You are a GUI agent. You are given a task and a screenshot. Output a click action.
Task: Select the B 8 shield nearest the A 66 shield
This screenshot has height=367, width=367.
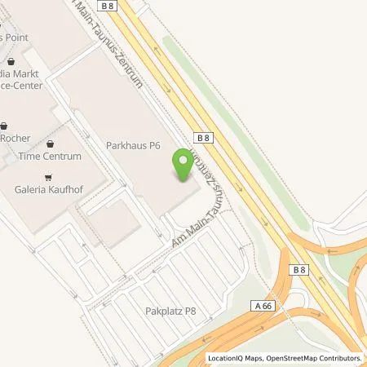(299, 270)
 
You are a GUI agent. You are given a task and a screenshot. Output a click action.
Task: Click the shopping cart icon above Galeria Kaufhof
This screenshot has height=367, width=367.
(50, 176)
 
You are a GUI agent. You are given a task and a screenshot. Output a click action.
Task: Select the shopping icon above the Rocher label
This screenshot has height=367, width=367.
(6, 126)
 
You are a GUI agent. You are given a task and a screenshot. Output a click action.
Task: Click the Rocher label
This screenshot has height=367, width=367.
(15, 138)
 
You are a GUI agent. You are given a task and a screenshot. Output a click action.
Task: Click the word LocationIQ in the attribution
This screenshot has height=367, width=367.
(228, 358)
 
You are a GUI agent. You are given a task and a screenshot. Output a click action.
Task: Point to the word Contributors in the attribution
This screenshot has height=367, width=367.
(339, 358)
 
